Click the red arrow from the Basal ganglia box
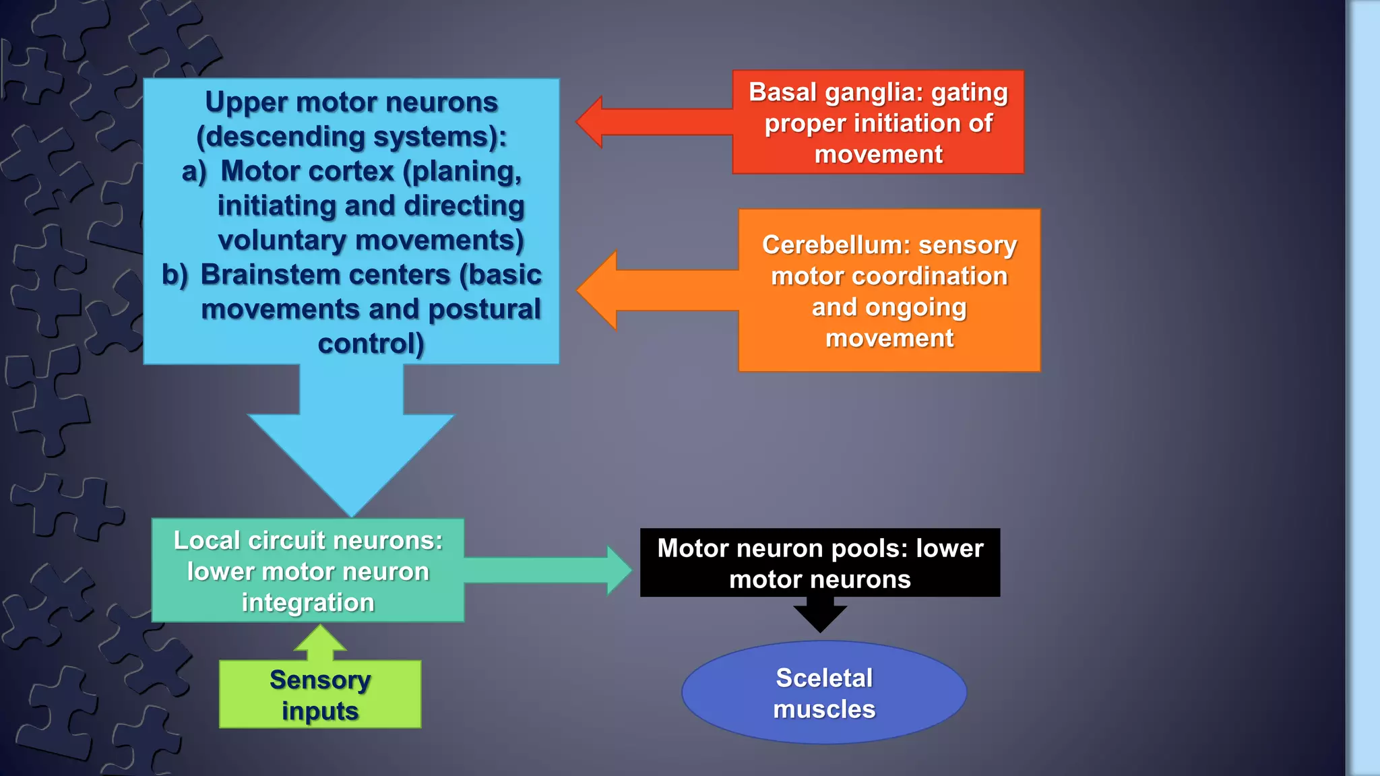coord(647,122)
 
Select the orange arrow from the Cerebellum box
coord(654,290)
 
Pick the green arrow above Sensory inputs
coord(321,642)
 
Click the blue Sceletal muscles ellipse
coord(824,692)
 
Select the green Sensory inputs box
coord(320,694)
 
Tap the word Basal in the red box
coord(783,92)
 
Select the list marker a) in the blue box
coord(193,172)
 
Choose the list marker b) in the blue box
coord(175,275)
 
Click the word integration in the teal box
coord(308,603)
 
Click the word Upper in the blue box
coord(246,102)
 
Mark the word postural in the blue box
coord(484,309)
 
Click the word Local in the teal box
coord(206,540)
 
